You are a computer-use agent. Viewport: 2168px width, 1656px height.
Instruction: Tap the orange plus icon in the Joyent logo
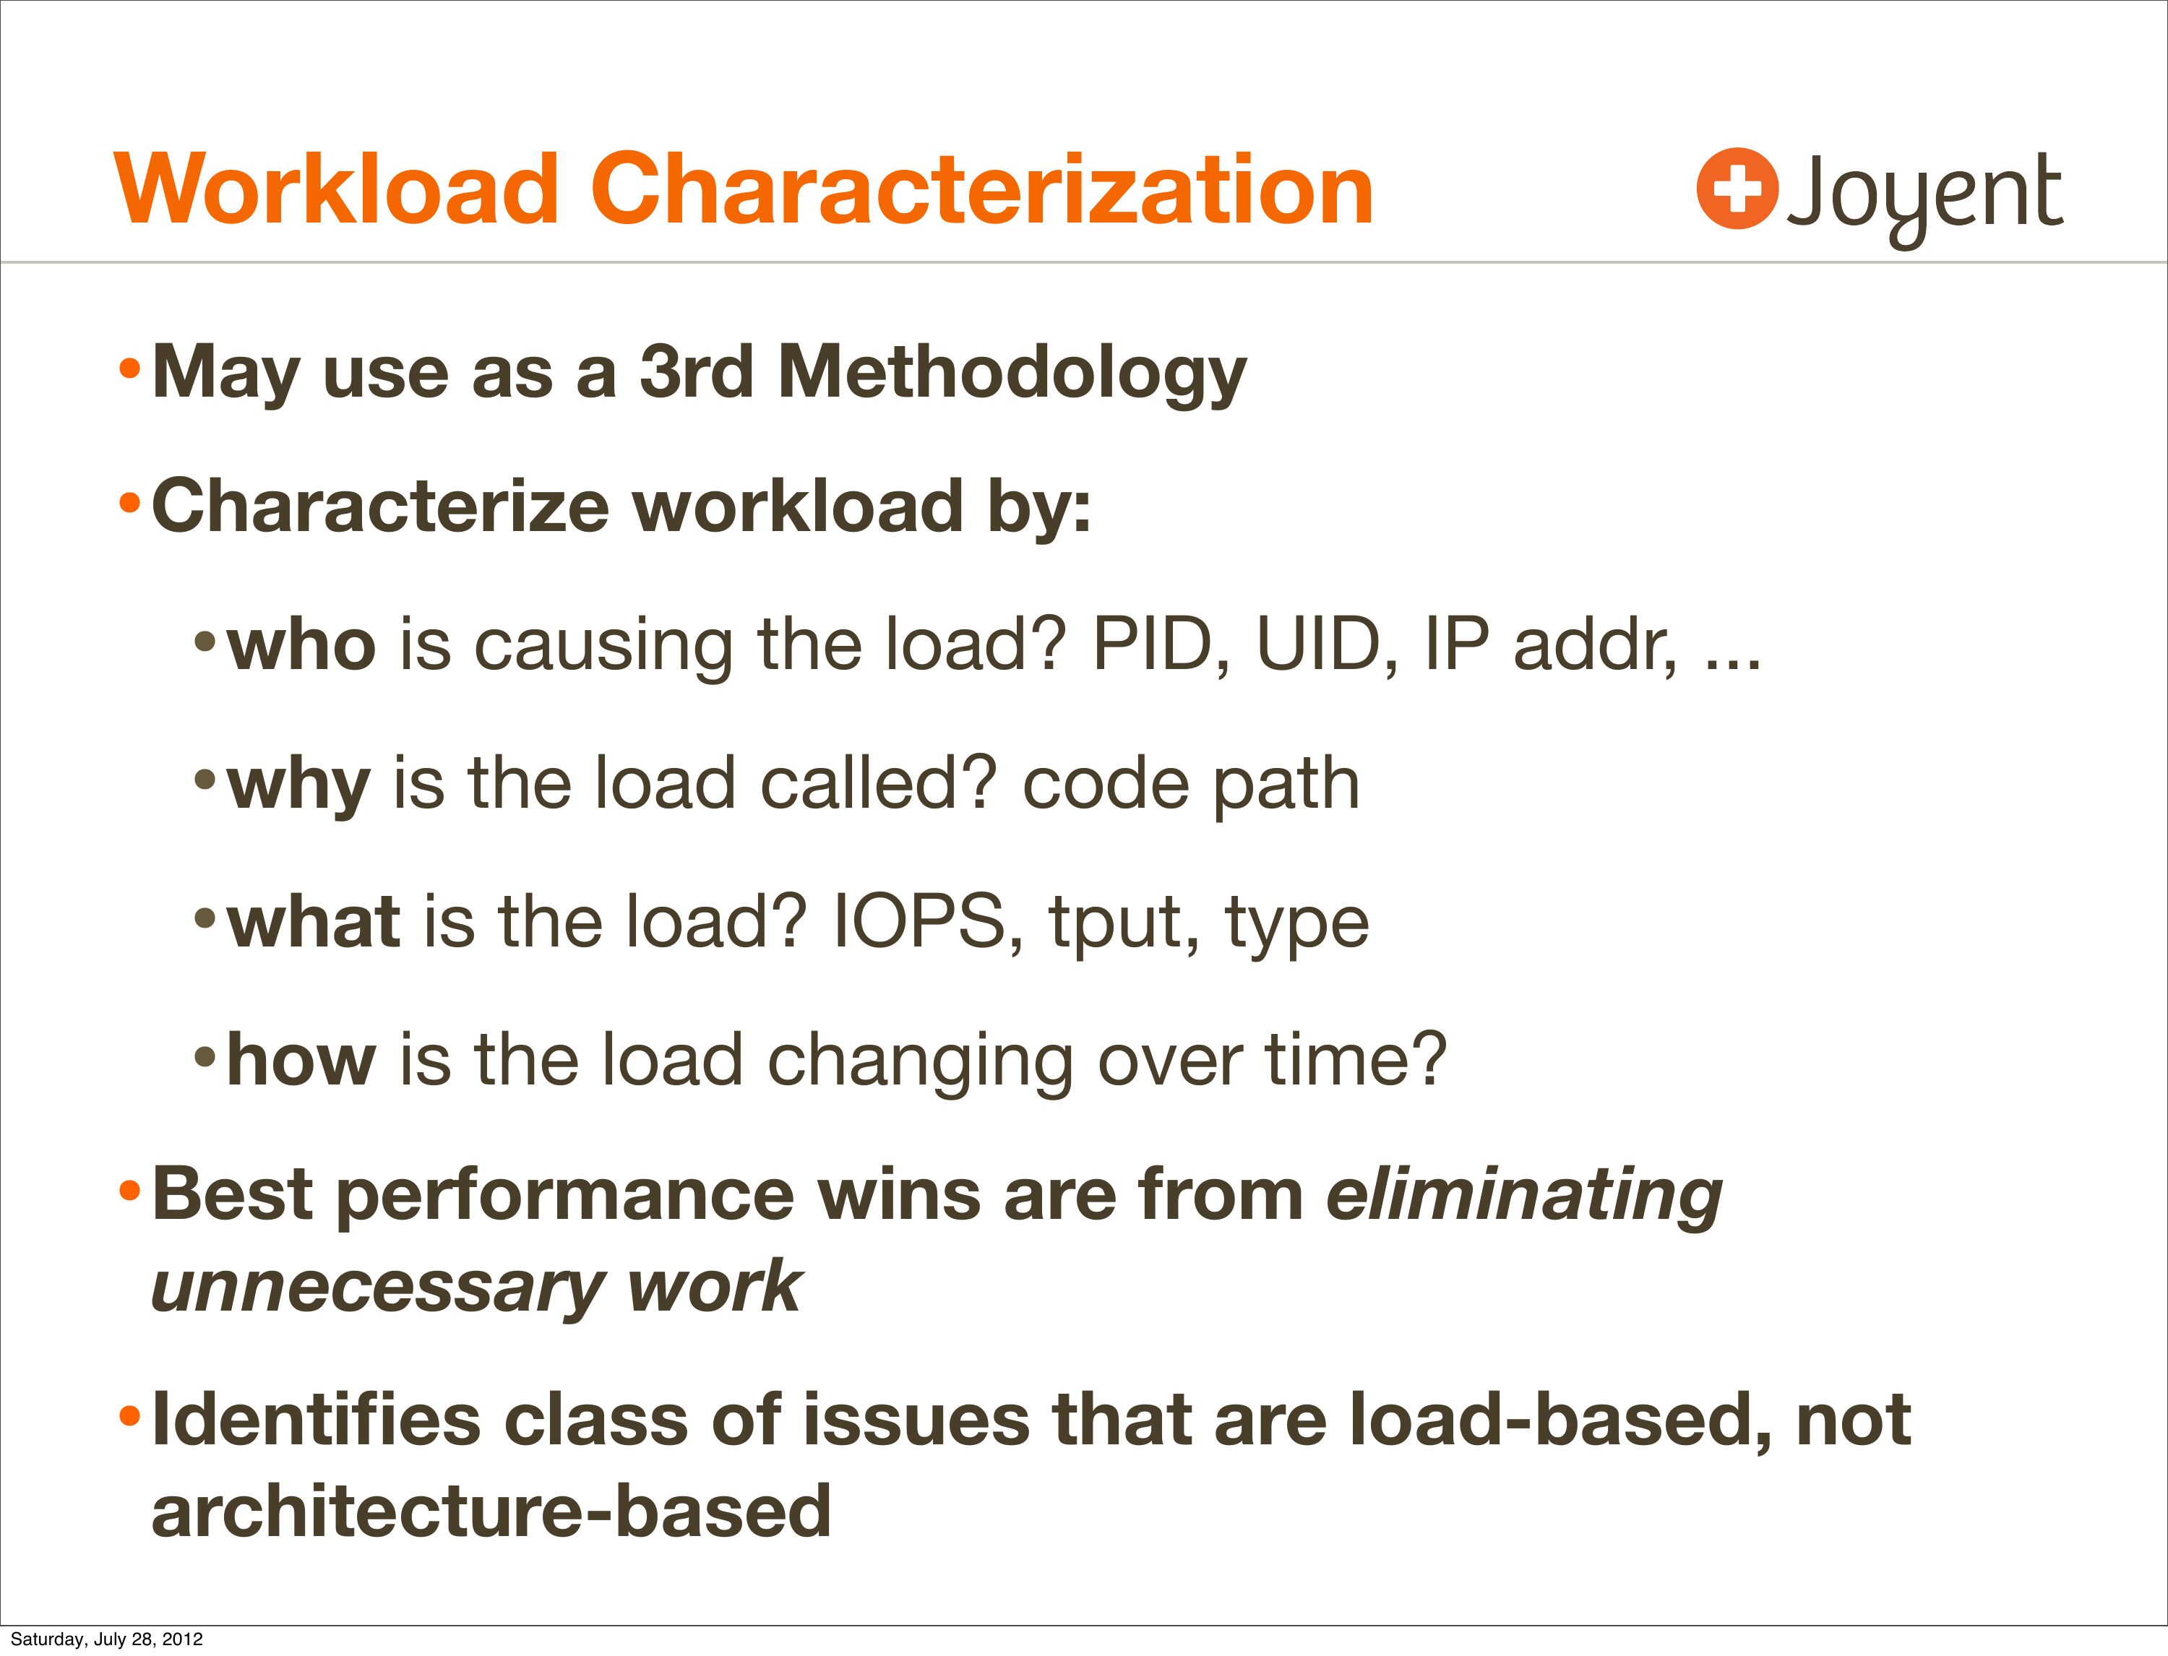(1737, 189)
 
